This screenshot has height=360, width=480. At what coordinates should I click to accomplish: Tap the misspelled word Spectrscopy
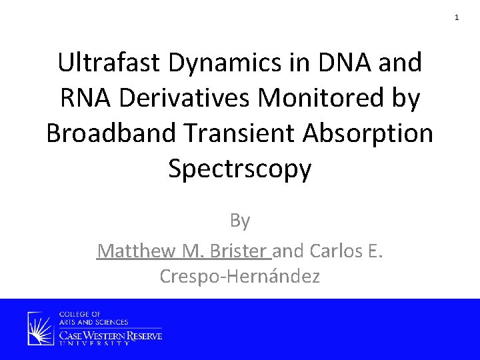(x=239, y=169)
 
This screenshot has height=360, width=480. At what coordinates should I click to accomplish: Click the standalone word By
(x=239, y=220)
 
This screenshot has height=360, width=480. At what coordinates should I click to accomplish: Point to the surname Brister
(x=239, y=251)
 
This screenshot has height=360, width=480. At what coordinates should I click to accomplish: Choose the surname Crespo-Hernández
(x=239, y=276)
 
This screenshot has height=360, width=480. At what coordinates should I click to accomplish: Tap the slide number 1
(x=457, y=17)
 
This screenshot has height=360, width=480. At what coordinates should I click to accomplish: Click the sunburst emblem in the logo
(x=41, y=329)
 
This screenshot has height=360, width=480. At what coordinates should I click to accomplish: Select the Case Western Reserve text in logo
(x=111, y=335)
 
